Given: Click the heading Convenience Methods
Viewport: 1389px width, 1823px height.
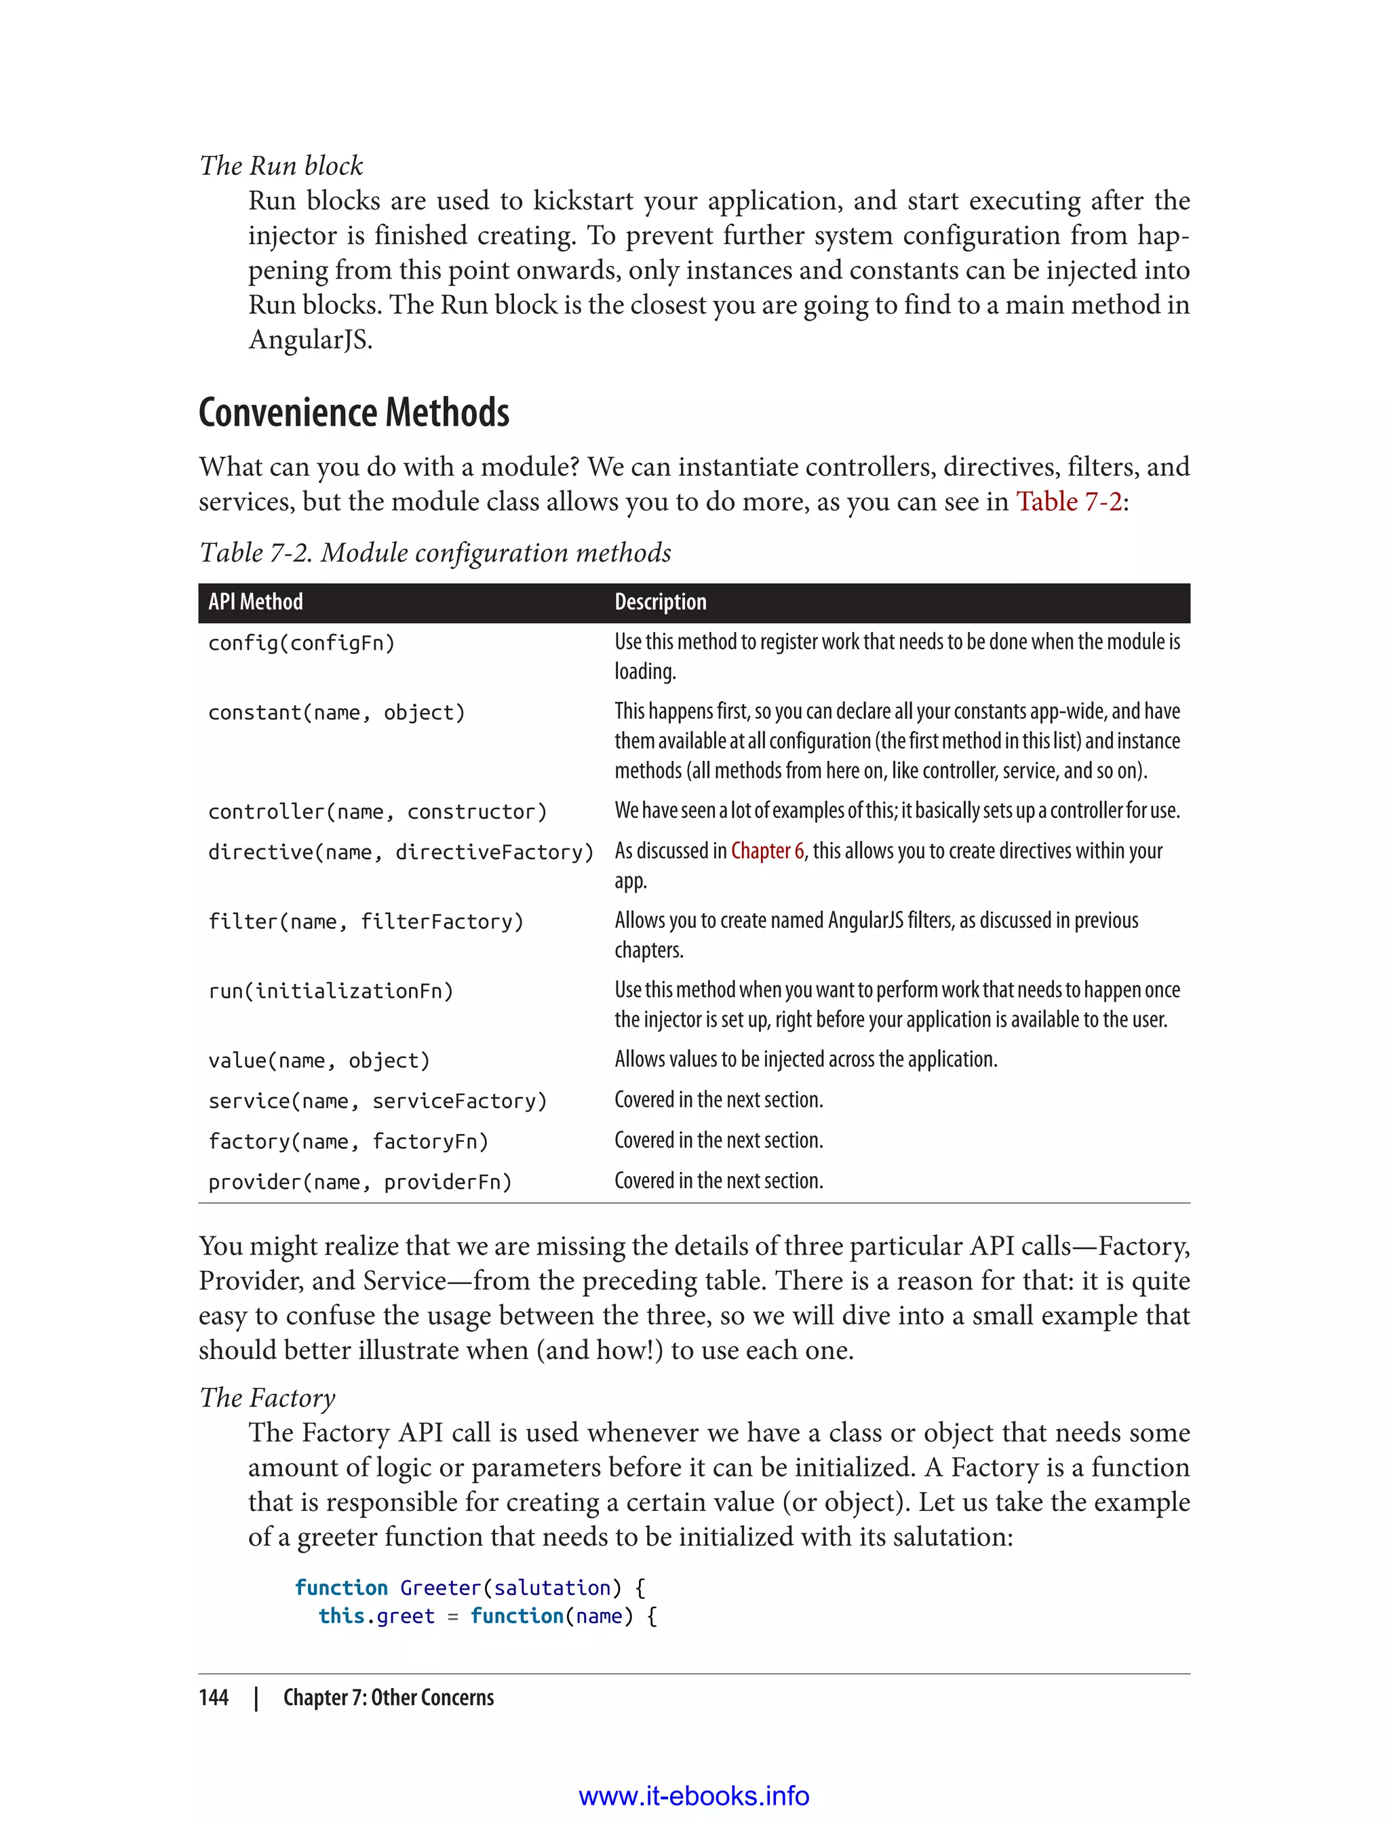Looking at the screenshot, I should point(353,412).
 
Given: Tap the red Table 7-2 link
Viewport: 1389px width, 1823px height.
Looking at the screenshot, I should point(1068,502).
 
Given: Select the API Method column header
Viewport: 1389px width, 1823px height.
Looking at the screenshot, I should point(256,602).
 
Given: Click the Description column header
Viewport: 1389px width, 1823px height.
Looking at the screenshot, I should point(660,602).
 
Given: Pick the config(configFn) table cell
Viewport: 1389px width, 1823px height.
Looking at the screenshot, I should point(302,643).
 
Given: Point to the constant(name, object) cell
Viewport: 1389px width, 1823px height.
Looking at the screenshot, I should point(336,713).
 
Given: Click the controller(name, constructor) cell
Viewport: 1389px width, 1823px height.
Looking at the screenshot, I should point(377,812).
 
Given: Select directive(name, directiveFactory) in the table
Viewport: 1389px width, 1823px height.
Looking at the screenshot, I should point(401,852).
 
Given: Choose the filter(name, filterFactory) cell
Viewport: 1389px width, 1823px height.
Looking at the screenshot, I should point(366,922).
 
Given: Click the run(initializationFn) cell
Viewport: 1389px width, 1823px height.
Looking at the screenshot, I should point(331,992).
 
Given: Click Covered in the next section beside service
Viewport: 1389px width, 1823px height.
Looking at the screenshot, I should point(718,1101).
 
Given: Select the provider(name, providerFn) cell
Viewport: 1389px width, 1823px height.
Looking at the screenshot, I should point(359,1182).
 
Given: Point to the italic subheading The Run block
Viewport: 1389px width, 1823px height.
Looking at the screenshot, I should point(281,166).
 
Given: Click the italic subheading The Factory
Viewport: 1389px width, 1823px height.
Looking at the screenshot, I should point(267,1398).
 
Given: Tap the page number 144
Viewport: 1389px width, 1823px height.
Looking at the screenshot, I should point(214,1698).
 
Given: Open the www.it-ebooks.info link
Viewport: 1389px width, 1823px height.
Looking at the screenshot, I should point(694,1796).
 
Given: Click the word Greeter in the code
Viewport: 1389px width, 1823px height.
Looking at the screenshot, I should point(440,1588).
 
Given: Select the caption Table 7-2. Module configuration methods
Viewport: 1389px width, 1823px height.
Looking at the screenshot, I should point(435,553).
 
